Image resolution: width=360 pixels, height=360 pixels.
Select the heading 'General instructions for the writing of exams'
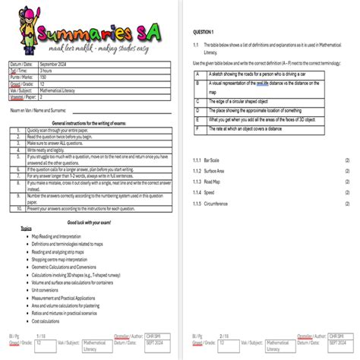pyautogui.click(x=87, y=122)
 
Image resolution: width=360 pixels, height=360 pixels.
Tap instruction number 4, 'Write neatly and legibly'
pyautogui.click(x=47, y=150)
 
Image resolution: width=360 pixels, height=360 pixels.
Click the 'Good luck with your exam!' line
pyautogui.click(x=89, y=222)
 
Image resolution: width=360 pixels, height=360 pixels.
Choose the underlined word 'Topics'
pyautogui.click(x=27, y=229)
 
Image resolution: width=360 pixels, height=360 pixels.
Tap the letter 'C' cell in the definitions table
pyautogui.click(x=197, y=100)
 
